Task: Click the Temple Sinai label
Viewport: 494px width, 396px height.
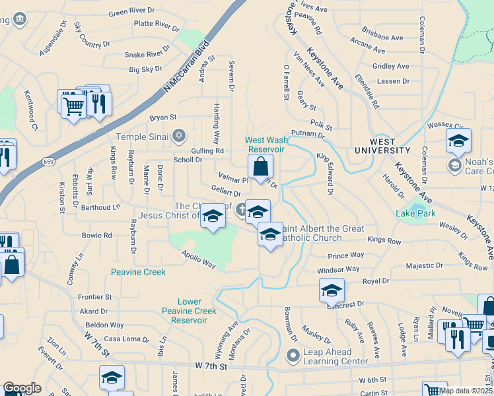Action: pos(142,137)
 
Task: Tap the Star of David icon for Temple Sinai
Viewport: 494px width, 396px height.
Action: pos(178,137)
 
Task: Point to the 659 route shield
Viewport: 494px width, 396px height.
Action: pos(49,160)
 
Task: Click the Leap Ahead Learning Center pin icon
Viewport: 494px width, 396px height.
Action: pos(293,356)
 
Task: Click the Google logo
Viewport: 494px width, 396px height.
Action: pos(22,388)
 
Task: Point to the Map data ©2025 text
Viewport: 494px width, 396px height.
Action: pos(465,390)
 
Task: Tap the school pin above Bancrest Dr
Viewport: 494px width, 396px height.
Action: pos(332,289)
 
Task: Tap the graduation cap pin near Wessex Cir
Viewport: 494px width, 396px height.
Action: pos(458,140)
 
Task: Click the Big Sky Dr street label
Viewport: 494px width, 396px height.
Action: pos(145,69)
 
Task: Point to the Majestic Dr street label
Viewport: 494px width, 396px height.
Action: pos(424,265)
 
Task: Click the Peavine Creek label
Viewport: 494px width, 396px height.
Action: pos(137,272)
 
